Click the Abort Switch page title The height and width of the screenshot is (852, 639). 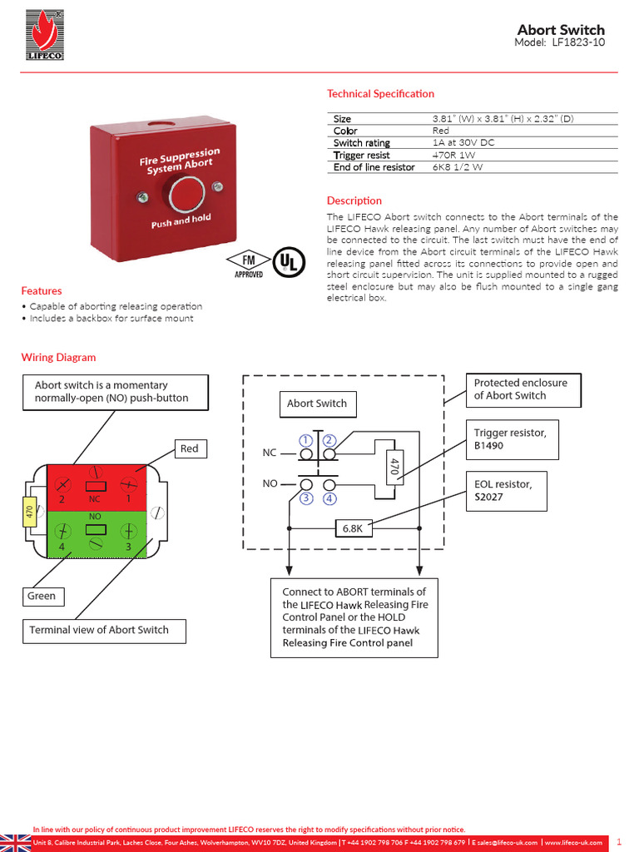click(x=561, y=30)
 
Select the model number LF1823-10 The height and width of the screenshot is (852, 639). click(x=574, y=43)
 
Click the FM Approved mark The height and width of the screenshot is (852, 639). click(x=249, y=263)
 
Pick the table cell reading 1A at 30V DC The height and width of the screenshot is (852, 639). click(x=463, y=143)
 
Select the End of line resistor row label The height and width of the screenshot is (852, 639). click(x=374, y=167)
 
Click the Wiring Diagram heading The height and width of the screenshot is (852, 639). click(x=58, y=358)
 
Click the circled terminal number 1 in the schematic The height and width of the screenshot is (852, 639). click(x=306, y=439)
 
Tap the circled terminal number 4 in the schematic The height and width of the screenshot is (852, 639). click(x=329, y=499)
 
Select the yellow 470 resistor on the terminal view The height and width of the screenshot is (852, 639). click(x=28, y=511)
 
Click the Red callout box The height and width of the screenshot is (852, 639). click(x=190, y=449)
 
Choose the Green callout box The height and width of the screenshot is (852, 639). click(x=42, y=596)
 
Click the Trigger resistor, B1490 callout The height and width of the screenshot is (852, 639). click(x=511, y=438)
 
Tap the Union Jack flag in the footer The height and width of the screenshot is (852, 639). click(x=15, y=842)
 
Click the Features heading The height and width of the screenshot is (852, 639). click(x=42, y=291)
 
